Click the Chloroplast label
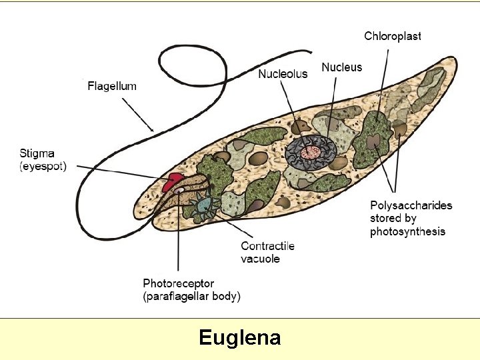[x=392, y=36]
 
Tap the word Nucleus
[x=341, y=67]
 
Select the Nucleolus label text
[x=283, y=73]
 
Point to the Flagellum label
[x=112, y=86]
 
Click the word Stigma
[x=37, y=154]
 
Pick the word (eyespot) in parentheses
[x=43, y=167]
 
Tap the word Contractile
[x=267, y=246]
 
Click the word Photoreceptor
[x=179, y=283]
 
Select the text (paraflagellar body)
[x=192, y=296]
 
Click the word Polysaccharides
[x=411, y=205]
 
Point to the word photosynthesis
[x=407, y=231]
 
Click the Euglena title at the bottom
[x=239, y=338]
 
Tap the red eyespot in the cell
[x=174, y=179]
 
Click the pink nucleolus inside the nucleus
[x=309, y=153]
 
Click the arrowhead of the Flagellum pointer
[x=152, y=128]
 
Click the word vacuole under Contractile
[x=260, y=259]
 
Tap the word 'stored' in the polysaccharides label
[x=386, y=218]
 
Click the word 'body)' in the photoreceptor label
[x=225, y=296]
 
